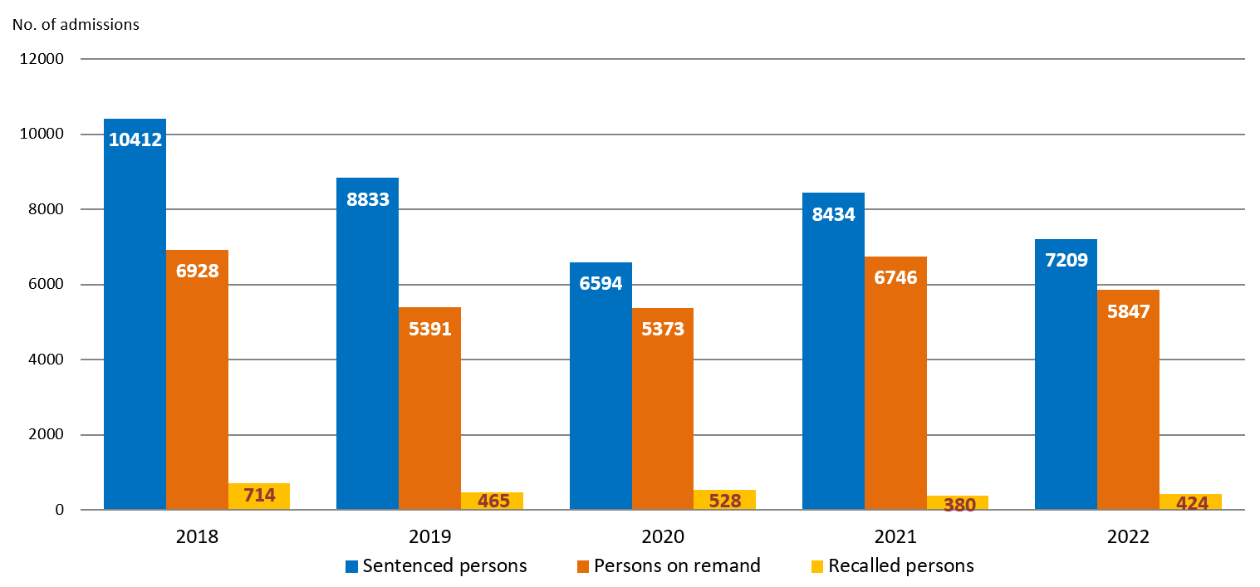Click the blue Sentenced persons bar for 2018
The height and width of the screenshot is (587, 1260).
point(135,332)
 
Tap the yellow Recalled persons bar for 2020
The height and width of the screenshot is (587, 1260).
point(724,499)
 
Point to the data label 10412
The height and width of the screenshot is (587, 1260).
point(135,139)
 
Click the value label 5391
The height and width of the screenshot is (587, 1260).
point(429,329)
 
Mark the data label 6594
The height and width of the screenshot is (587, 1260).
point(601,283)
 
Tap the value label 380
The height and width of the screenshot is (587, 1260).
point(959,503)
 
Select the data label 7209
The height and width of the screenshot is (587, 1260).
point(1066,260)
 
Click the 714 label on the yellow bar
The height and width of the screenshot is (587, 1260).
point(259,496)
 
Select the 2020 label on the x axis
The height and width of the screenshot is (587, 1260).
point(663,536)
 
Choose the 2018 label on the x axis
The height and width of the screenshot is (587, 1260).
point(197,536)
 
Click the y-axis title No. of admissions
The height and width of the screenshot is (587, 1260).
point(76,24)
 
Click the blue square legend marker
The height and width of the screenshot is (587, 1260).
point(352,566)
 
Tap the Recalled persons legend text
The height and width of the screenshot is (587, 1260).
point(901,566)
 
